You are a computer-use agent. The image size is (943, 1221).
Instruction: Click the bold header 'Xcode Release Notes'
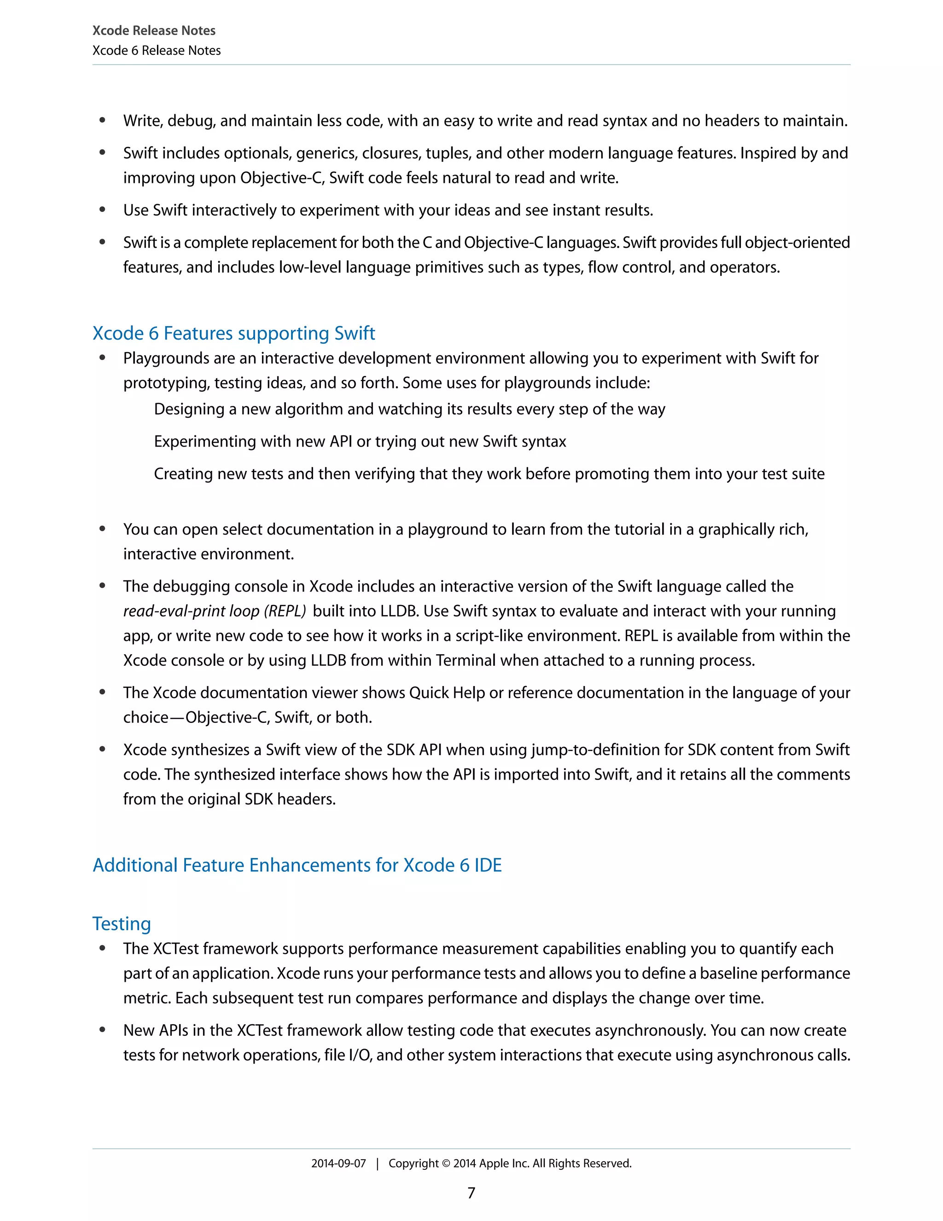pos(154,30)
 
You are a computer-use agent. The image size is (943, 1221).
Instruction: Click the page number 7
pos(471,1193)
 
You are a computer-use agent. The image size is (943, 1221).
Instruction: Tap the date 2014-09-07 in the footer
pos(338,1163)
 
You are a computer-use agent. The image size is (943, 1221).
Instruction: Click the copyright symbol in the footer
pos(446,1163)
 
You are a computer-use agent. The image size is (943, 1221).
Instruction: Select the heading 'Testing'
pos(122,923)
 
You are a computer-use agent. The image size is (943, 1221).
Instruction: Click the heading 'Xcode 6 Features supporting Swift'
pos(233,333)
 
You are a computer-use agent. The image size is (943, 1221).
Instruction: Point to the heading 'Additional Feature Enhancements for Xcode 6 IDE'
pos(297,865)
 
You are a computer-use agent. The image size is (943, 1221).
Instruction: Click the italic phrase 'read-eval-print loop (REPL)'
pos(215,611)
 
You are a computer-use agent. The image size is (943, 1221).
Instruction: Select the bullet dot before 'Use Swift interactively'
pos(102,210)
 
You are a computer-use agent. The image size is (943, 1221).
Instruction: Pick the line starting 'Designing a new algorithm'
pos(409,409)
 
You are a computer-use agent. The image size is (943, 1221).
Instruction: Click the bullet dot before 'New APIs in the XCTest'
pos(102,1030)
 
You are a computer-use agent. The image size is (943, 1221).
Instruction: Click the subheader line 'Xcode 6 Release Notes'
pos(157,50)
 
